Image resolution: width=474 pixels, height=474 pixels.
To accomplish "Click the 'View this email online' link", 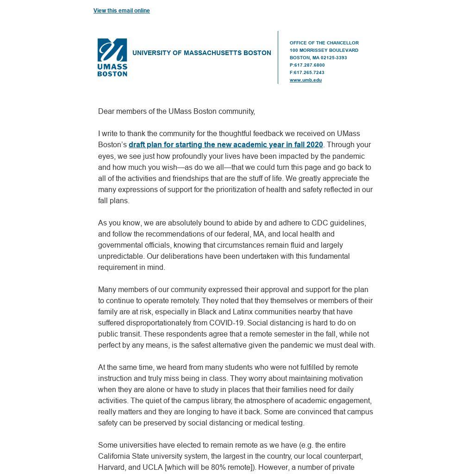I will pyautogui.click(x=121, y=11).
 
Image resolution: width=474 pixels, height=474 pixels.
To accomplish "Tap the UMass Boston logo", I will pyautogui.click(x=112, y=57).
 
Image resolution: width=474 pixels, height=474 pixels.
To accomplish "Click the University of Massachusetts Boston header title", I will pyautogui.click(x=201, y=53).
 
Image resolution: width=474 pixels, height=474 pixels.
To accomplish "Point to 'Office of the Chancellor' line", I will pyautogui.click(x=324, y=43).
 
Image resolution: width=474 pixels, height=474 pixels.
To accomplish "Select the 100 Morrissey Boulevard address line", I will pyautogui.click(x=324, y=50).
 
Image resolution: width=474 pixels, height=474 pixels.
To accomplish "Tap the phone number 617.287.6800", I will pyautogui.click(x=309, y=65).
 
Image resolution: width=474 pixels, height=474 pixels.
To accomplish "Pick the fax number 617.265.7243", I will pyautogui.click(x=309, y=73).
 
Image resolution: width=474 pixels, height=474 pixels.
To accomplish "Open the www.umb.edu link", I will pyautogui.click(x=306, y=80).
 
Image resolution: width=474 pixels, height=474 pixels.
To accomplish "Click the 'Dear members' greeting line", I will pyautogui.click(x=176, y=112).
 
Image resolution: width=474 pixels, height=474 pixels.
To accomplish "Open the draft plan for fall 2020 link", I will pyautogui.click(x=225, y=145).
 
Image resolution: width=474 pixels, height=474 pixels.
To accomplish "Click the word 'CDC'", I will pyautogui.click(x=320, y=223).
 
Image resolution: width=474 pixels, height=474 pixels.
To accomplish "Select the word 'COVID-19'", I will pyautogui.click(x=226, y=323).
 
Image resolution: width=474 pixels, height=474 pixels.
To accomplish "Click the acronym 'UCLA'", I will pyautogui.click(x=152, y=468).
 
